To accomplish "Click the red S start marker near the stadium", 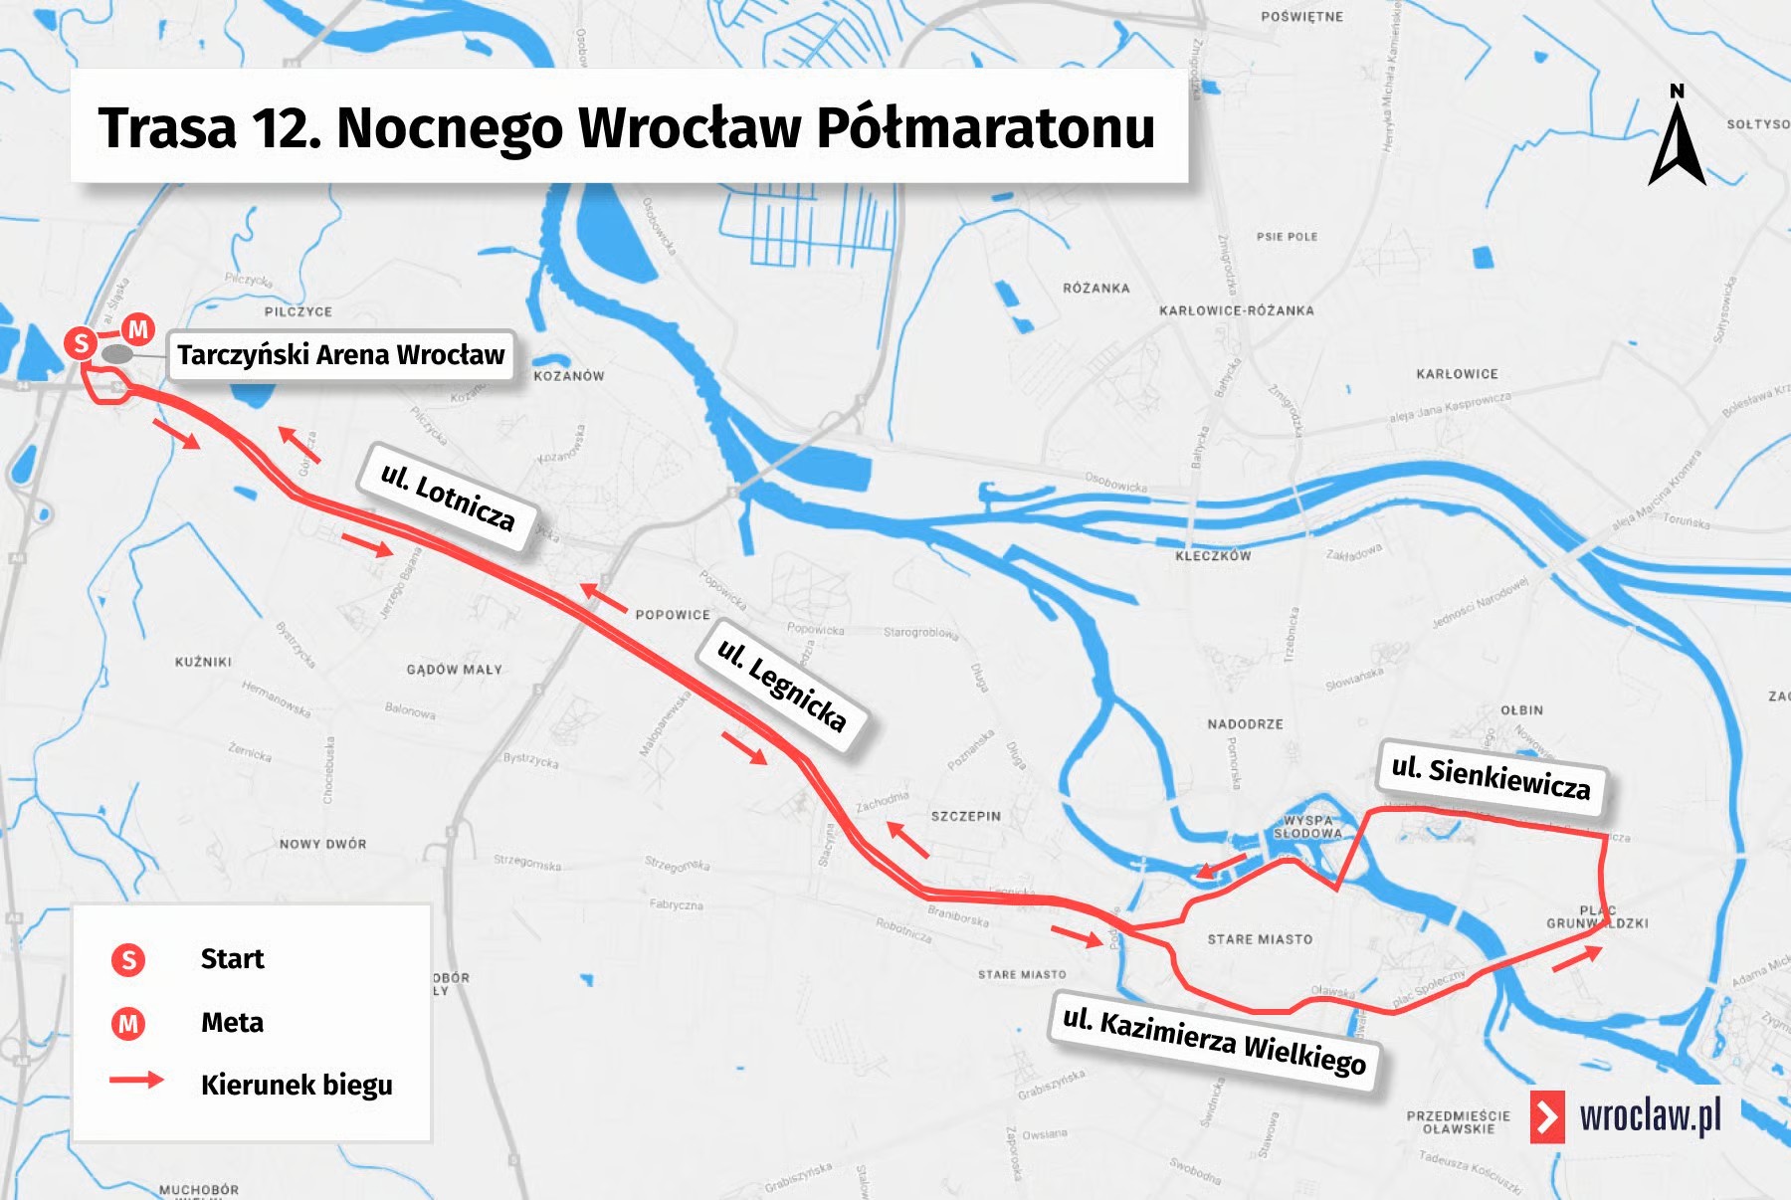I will (81, 344).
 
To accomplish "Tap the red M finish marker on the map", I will (138, 328).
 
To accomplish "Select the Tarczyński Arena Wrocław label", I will (340, 355).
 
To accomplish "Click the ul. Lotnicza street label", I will (448, 497).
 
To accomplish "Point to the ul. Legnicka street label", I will (782, 685).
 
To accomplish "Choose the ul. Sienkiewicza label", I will (1491, 777).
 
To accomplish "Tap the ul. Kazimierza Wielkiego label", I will (1214, 1041).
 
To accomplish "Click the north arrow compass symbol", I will (1678, 139).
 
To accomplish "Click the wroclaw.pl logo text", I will (1650, 1116).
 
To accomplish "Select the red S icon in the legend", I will (128, 959).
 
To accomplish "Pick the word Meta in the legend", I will (232, 1023).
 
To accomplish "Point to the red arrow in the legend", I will (136, 1080).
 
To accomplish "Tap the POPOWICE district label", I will (673, 615).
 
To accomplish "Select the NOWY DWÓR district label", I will (322, 844).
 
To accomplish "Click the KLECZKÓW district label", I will (1212, 556).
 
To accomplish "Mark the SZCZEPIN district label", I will (965, 816).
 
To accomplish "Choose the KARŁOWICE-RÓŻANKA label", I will (1236, 310).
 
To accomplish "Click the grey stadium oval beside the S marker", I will (117, 354).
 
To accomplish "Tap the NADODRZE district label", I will (1245, 724).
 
